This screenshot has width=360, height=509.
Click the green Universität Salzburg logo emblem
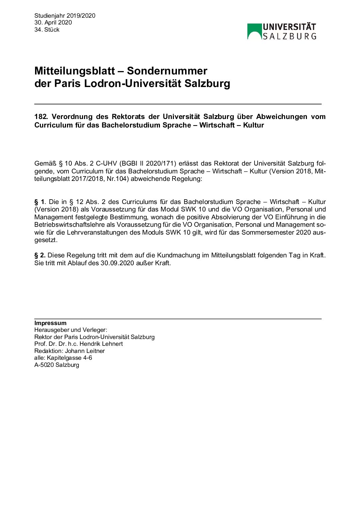254,31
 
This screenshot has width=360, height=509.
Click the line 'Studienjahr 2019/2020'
65,16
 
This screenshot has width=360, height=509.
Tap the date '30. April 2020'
53,22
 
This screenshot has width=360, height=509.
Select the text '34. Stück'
47,30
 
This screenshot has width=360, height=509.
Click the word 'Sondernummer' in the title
167,71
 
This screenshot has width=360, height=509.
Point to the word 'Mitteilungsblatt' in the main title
75,71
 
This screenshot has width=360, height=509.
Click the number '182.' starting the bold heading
41,117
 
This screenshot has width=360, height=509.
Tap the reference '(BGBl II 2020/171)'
148,164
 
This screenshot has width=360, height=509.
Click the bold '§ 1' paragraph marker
39,202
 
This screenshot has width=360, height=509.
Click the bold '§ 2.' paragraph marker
40,255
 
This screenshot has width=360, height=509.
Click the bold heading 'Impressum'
50,323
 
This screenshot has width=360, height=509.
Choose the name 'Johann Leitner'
85,351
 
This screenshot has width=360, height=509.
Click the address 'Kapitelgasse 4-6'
69,358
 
